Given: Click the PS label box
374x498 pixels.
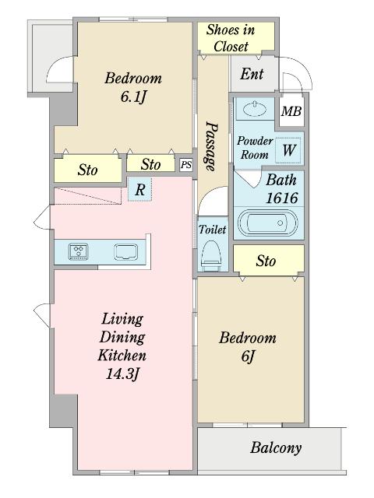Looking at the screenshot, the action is tap(186, 165).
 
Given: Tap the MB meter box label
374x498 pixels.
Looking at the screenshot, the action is tap(291, 111).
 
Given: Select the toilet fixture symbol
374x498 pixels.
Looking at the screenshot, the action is tap(211, 253).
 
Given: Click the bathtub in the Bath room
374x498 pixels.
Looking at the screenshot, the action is tap(268, 223).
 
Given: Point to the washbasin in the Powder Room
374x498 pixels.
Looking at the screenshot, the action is tap(255, 109).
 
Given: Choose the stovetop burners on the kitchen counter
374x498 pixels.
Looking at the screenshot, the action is tap(79, 252).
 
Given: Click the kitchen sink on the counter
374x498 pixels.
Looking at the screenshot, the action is tap(126, 252).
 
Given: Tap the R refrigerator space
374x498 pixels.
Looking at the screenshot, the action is tap(140, 189).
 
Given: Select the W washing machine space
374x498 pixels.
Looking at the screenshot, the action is tap(288, 150).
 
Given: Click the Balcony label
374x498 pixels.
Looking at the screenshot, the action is tap(276, 448).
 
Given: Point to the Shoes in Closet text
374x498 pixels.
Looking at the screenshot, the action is tap(231, 38).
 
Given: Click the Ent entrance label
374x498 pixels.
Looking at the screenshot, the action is tap(252, 74).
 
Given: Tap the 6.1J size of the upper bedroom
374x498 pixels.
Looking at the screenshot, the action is tap(134, 96).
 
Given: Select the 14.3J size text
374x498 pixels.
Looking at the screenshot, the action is tap(123, 373).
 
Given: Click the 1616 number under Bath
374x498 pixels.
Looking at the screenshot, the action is tap(282, 198).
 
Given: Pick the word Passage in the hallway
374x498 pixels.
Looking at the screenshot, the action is tap(211, 146).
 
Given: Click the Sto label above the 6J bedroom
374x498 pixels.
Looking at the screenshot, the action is tap(266, 261).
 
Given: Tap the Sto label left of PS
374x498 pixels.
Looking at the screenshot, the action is tap(150, 164).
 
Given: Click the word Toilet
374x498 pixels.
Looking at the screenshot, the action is tap(213, 230).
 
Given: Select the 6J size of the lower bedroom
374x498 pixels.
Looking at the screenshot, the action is tap(248, 356).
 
